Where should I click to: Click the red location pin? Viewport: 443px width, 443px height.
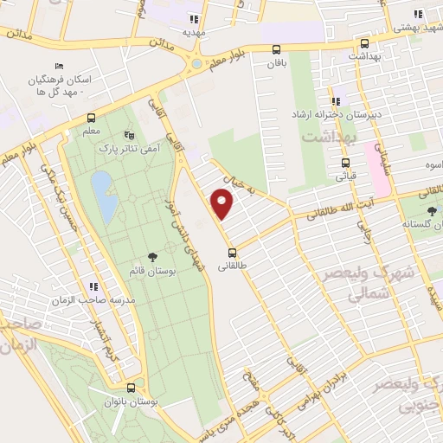[x=222, y=204]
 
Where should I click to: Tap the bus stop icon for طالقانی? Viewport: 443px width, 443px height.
[x=232, y=253]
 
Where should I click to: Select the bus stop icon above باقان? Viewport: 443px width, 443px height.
[x=276, y=49]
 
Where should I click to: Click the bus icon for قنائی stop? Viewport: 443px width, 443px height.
[x=346, y=162]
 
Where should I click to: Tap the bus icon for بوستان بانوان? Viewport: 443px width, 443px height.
[x=131, y=388]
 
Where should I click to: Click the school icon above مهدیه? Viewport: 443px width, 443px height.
[x=194, y=18]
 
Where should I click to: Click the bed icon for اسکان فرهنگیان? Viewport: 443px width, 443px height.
[x=59, y=67]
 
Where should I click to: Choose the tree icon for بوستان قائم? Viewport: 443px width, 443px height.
[x=153, y=256]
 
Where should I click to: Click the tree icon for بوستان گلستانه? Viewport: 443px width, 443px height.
[x=431, y=211]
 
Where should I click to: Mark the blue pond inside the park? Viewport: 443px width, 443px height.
[x=103, y=196]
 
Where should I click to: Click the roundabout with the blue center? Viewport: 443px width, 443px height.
[x=196, y=63]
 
